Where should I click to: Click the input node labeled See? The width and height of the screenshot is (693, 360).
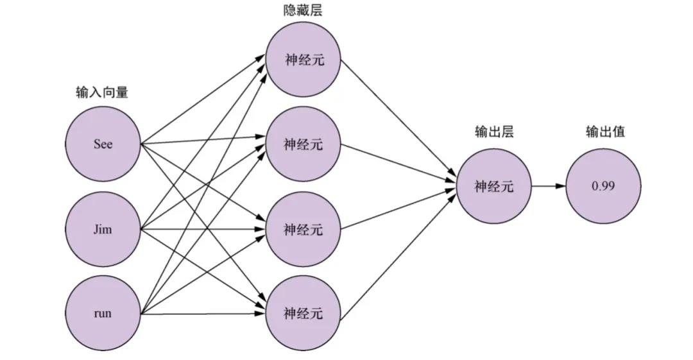pyautogui.click(x=103, y=144)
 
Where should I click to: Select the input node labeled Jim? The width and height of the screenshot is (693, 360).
pyautogui.click(x=103, y=229)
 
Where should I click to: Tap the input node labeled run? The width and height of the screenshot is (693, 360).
pyautogui.click(x=103, y=314)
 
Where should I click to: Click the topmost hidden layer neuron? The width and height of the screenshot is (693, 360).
pyautogui.click(x=304, y=60)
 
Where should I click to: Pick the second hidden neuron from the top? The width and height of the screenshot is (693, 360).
pyautogui.click(x=304, y=144)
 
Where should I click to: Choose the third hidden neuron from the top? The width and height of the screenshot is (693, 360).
pyautogui.click(x=304, y=229)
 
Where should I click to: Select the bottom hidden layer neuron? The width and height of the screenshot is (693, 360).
pyautogui.click(x=304, y=314)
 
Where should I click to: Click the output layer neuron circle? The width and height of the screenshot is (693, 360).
pyautogui.click(x=493, y=186)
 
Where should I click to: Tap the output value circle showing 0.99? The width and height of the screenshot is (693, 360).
pyautogui.click(x=603, y=186)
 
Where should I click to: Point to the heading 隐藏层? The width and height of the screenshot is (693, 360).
pyautogui.click(x=303, y=11)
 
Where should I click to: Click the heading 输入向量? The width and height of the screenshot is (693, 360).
pyautogui.click(x=102, y=92)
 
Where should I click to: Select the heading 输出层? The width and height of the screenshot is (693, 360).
pyautogui.click(x=494, y=132)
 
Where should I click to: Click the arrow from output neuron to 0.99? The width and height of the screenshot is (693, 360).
pyautogui.click(x=549, y=186)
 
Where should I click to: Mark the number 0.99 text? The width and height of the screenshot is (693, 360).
pyautogui.click(x=603, y=186)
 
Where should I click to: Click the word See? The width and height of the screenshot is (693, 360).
pyautogui.click(x=103, y=144)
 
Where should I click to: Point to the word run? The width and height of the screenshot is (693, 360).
pyautogui.click(x=103, y=314)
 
